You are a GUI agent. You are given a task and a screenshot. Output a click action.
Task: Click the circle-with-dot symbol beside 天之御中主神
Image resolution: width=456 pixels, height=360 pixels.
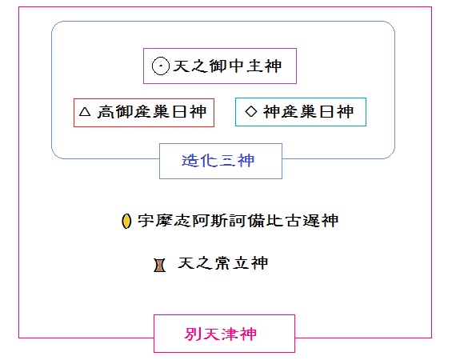(x=160, y=66)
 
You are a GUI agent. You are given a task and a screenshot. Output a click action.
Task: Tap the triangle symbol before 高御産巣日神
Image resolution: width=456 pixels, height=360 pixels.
(x=85, y=112)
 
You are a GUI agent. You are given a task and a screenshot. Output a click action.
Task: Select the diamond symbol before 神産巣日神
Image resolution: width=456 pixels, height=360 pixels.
(x=251, y=111)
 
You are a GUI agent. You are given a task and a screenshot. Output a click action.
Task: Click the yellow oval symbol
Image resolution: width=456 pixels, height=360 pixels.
(x=126, y=221)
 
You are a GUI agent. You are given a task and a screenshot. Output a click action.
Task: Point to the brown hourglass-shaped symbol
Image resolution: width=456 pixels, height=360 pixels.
(x=160, y=266)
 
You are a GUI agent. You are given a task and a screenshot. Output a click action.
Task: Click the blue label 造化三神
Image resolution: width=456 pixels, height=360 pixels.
(x=218, y=161)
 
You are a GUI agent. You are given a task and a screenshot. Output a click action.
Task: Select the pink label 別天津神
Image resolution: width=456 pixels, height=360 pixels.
(x=221, y=334)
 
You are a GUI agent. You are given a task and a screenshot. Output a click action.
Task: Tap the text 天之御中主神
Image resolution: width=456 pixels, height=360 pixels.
(x=227, y=66)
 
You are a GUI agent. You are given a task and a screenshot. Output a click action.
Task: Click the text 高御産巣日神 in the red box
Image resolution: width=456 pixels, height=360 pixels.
(x=152, y=112)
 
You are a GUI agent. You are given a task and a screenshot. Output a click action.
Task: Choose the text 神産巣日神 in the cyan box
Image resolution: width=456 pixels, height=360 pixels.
(x=308, y=112)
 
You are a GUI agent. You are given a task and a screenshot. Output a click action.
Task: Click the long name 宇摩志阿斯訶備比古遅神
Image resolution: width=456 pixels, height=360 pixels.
(x=238, y=221)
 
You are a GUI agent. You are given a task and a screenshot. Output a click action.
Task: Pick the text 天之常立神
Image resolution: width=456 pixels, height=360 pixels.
(x=222, y=263)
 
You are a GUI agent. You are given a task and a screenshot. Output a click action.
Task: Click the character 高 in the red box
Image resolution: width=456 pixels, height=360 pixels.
(x=106, y=112)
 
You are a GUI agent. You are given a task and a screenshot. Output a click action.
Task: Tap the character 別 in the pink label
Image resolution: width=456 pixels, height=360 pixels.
(x=193, y=334)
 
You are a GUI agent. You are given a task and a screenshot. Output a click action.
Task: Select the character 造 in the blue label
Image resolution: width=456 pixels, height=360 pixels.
(x=190, y=161)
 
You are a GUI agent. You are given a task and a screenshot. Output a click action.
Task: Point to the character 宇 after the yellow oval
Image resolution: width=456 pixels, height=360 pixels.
(x=146, y=221)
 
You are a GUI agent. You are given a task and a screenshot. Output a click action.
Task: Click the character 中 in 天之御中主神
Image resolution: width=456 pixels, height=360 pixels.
(x=237, y=66)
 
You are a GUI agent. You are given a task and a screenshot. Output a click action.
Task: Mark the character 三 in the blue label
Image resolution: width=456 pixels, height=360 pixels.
(x=227, y=161)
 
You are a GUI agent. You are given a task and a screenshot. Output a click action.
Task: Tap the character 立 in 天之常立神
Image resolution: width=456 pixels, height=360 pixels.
(x=241, y=263)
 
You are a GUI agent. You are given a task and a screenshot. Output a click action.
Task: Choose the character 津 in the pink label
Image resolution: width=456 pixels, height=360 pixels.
(x=230, y=334)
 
